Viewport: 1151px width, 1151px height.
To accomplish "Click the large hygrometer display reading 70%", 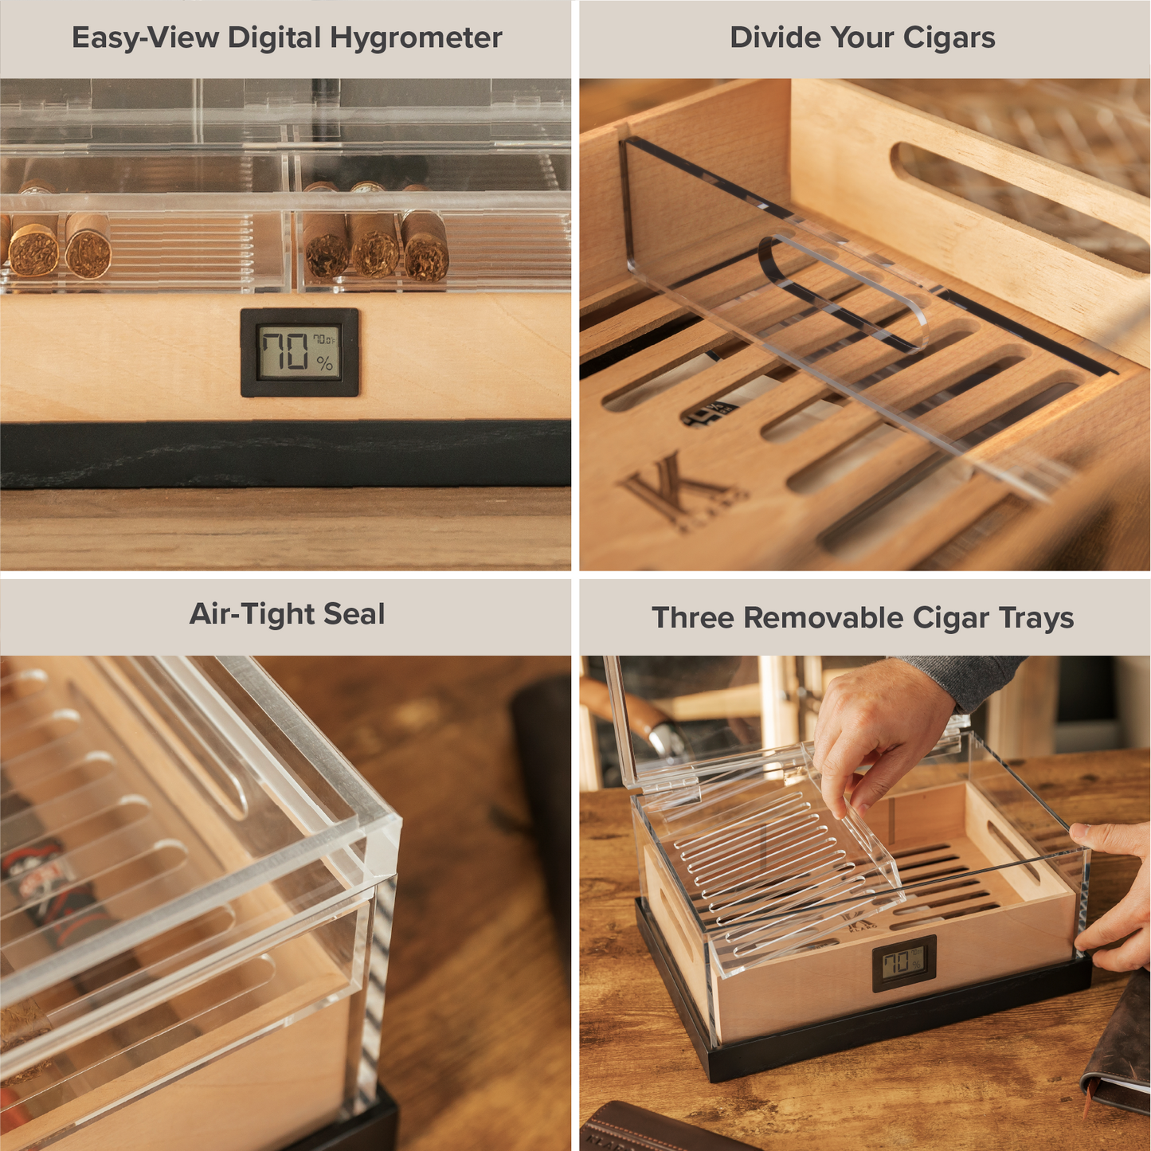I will click(299, 352).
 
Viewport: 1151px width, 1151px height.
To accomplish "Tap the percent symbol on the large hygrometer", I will click(324, 364).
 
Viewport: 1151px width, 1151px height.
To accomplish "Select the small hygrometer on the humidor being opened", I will click(903, 963).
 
